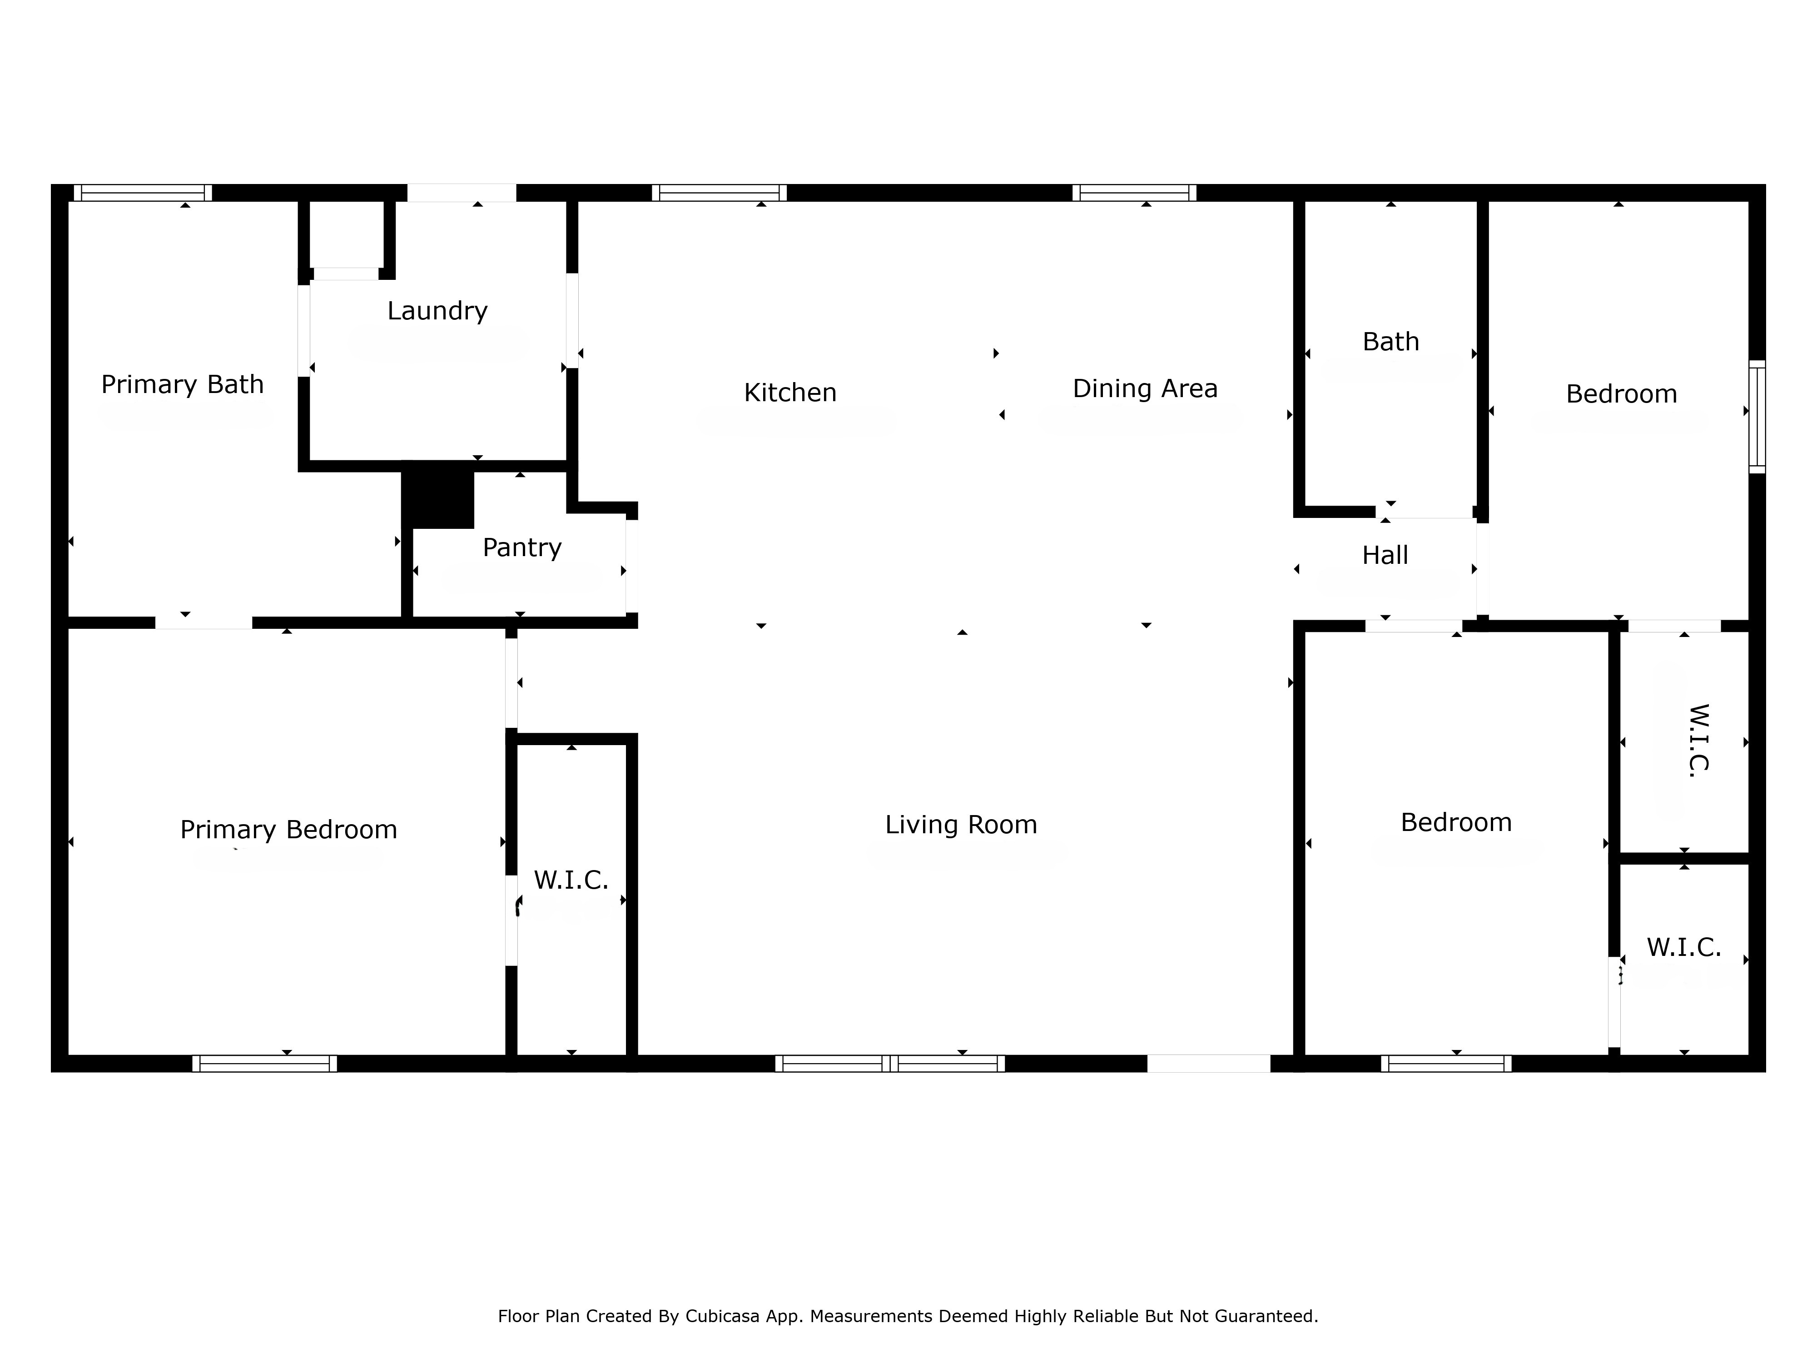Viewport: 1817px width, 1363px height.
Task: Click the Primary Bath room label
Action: click(182, 384)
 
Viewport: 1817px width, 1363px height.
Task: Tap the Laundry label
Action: click(437, 311)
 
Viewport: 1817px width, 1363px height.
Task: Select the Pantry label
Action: click(521, 548)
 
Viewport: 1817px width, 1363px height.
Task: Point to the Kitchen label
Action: click(790, 393)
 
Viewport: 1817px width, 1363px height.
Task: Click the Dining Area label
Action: click(1145, 388)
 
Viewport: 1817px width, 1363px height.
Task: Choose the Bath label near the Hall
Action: click(1390, 342)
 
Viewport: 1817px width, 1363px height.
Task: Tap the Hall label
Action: click(1385, 555)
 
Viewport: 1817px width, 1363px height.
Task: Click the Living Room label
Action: click(961, 825)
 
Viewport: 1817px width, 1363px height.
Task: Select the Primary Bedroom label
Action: click(288, 830)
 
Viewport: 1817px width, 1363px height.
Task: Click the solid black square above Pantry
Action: click(438, 495)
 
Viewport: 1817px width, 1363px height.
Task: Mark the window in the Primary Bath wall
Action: click(143, 193)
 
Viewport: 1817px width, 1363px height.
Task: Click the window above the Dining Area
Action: click(1134, 193)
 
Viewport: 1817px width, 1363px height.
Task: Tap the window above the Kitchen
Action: click(720, 193)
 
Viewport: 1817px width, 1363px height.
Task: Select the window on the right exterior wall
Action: click(1757, 417)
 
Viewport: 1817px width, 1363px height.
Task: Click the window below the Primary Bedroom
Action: click(264, 1064)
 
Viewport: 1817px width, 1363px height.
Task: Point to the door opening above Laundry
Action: click(462, 193)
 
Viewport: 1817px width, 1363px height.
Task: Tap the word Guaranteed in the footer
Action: click(1266, 1316)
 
